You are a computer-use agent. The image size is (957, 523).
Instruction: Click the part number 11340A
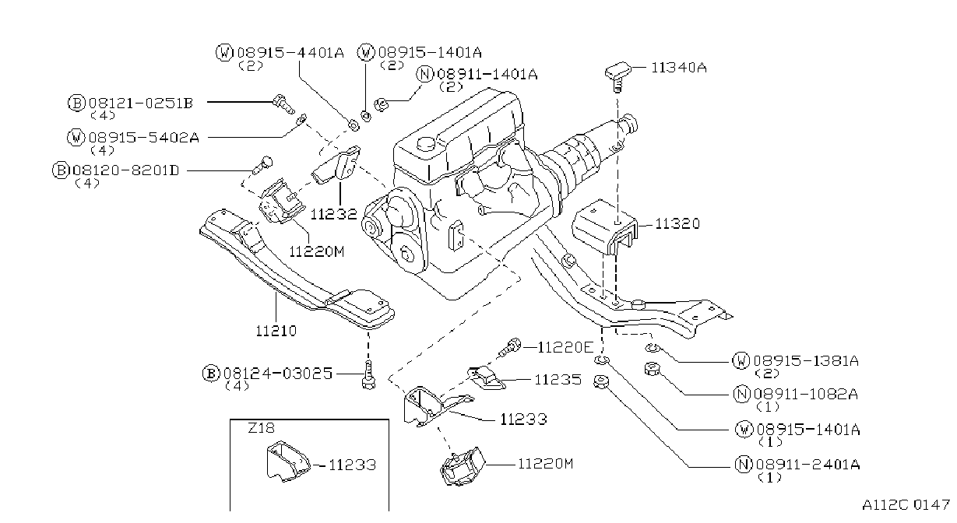click(x=679, y=68)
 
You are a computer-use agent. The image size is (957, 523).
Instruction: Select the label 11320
click(x=677, y=223)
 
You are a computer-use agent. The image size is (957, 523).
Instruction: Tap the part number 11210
click(x=276, y=331)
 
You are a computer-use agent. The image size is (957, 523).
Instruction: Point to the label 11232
click(x=333, y=214)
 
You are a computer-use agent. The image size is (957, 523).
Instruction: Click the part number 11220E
click(x=565, y=348)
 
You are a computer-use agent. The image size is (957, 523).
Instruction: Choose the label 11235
click(x=558, y=380)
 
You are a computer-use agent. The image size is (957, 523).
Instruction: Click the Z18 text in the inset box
click(x=261, y=428)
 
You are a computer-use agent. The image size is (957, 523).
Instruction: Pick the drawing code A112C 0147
click(x=906, y=505)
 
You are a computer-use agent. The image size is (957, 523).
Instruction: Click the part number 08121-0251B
click(x=141, y=103)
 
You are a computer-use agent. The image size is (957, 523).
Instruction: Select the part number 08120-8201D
click(x=126, y=170)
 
